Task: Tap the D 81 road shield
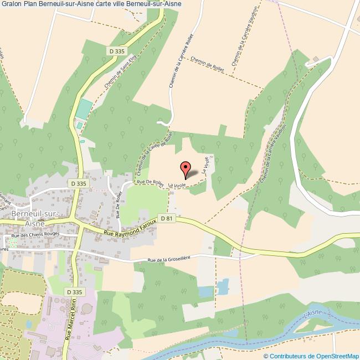166,219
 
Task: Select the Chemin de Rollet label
206,64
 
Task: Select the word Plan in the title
30,5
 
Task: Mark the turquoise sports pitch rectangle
82,109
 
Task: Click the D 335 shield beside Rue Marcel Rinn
73,292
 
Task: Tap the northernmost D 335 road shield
115,50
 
